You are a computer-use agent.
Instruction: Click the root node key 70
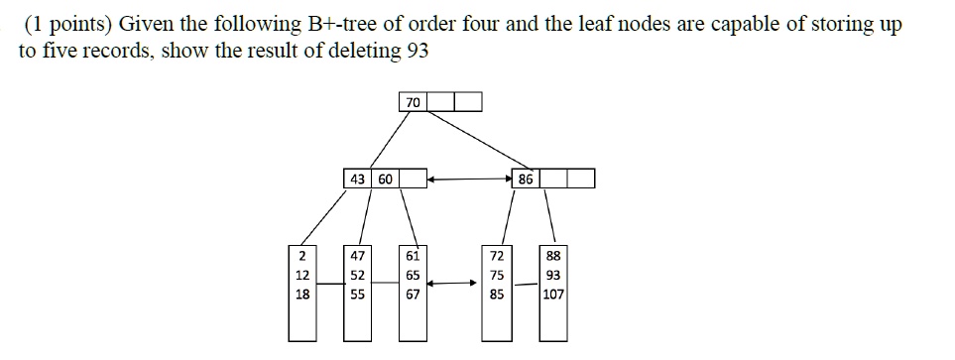pos(413,101)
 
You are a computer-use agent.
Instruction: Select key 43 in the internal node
pos(357,180)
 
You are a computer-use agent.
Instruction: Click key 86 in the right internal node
pos(527,180)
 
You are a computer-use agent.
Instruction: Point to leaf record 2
pos(300,255)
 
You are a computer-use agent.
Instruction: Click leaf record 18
pos(301,295)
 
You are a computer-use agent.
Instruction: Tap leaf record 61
pos(414,255)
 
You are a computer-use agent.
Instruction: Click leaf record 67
pos(414,295)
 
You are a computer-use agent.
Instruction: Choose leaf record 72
pos(498,255)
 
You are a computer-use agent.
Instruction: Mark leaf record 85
pos(498,295)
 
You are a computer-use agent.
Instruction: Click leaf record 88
pos(553,255)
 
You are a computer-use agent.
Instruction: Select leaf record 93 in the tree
pos(553,275)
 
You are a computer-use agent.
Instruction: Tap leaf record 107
pos(553,295)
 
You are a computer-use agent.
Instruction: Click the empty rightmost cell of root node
pos(468,101)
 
